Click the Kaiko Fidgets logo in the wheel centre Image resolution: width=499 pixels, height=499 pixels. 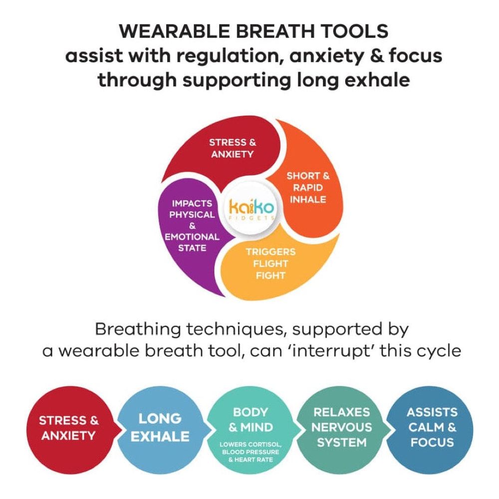(251, 209)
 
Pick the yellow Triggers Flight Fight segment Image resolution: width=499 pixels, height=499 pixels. (273, 264)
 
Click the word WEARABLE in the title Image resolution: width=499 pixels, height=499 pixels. (174, 31)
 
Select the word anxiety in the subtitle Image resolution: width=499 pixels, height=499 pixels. (326, 56)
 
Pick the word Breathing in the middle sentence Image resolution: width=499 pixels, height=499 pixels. (138, 329)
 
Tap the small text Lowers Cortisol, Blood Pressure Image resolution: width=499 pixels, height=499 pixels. (250, 448)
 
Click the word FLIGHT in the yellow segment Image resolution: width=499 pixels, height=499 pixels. (270, 263)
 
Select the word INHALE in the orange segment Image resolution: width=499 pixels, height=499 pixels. (308, 200)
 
